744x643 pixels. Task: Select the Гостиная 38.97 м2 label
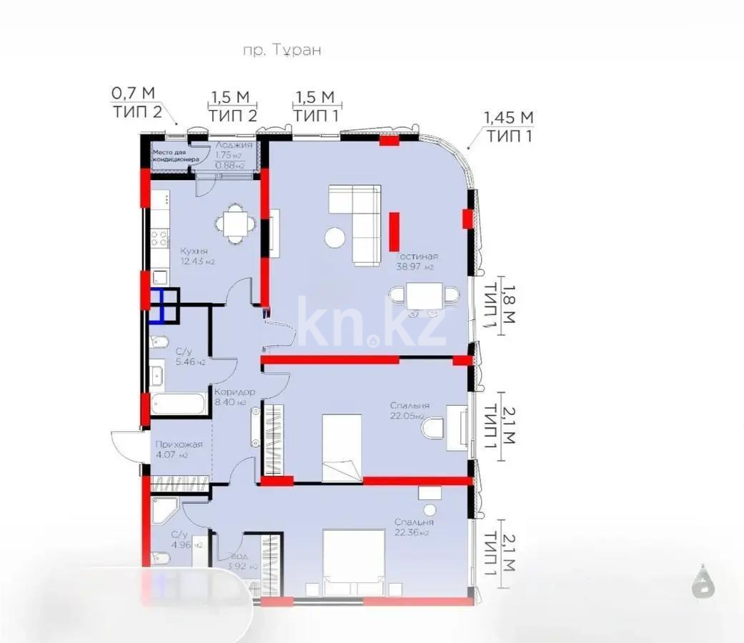(x=417, y=261)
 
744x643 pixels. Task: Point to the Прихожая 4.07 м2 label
(x=179, y=449)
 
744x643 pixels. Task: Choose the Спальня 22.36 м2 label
(x=414, y=527)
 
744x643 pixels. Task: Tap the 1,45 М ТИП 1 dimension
(x=508, y=126)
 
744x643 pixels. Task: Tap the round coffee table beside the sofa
(x=334, y=237)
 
